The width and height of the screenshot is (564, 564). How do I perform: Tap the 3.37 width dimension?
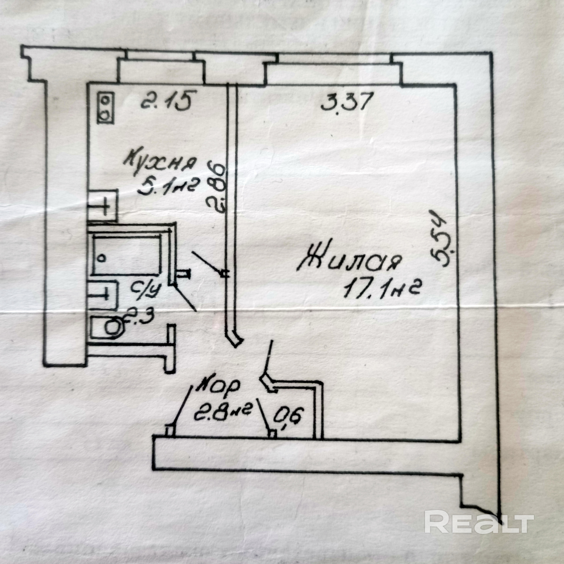click(347, 101)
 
